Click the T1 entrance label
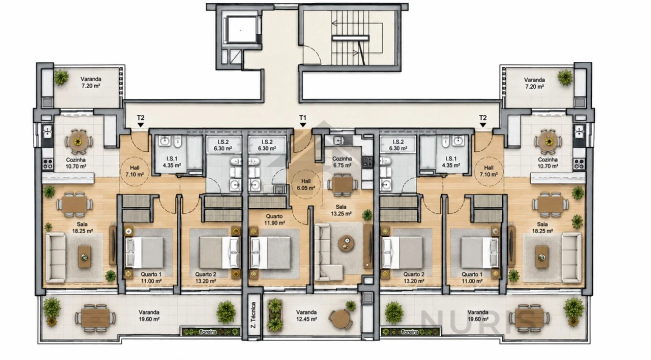tap(302, 117)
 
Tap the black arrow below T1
tap(303, 124)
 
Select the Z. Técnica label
tap(253, 315)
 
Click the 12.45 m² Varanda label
tap(306, 315)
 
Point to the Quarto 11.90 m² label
tap(274, 219)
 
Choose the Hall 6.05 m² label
tap(305, 184)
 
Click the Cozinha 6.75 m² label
tap(342, 162)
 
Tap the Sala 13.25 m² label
tap(341, 210)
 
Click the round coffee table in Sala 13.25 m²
tap(346, 242)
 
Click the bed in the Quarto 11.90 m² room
tap(270, 252)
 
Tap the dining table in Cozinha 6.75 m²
tap(342, 184)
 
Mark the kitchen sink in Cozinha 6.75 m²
tap(339, 140)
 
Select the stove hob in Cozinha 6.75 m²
tap(367, 162)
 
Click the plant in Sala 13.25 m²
tap(367, 215)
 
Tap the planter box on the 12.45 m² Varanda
tap(274, 315)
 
